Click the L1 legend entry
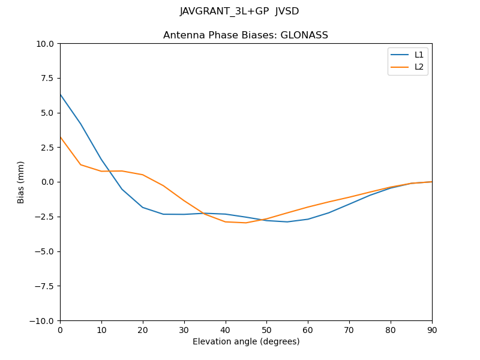419,55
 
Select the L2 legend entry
419,67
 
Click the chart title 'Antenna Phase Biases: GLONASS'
245,35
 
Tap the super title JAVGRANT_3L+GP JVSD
239,11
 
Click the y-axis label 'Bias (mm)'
21,182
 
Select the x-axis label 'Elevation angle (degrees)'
246,341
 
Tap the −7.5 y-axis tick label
44,286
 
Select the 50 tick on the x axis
266,329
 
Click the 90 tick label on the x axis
432,329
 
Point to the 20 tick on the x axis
143,329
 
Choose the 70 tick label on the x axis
349,329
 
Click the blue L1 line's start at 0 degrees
60,94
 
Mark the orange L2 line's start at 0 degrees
60,137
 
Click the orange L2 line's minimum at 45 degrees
246,223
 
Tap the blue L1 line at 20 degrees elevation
143,208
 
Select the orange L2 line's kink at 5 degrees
80,164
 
